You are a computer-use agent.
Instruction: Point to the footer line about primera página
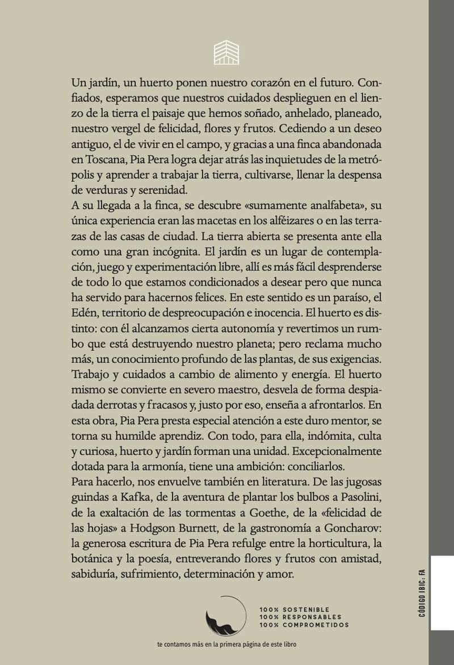[x=226, y=645]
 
